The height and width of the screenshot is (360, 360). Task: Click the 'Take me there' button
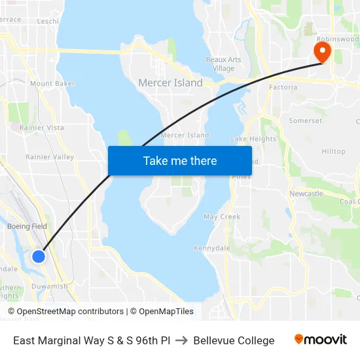pyautogui.click(x=180, y=160)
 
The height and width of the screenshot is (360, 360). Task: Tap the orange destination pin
pyautogui.click(x=322, y=52)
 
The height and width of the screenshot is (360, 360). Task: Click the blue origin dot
pyautogui.click(x=39, y=256)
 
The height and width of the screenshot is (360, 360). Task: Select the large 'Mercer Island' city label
pyautogui.click(x=170, y=83)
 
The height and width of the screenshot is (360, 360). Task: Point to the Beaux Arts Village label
pyautogui.click(x=223, y=64)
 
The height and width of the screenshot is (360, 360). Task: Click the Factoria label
pyautogui.click(x=283, y=87)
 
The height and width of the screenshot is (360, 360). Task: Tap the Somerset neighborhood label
pyautogui.click(x=306, y=121)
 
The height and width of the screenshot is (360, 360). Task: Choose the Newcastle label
pyautogui.click(x=306, y=194)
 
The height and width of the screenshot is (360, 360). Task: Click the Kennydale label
pyautogui.click(x=211, y=248)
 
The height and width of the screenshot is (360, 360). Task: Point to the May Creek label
pyautogui.click(x=222, y=217)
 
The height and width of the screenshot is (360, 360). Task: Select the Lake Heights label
pyautogui.click(x=254, y=139)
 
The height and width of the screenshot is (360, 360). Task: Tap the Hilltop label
pyautogui.click(x=333, y=151)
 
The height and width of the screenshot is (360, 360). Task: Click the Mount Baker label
pyautogui.click(x=52, y=84)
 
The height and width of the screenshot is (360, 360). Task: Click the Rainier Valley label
pyautogui.click(x=50, y=157)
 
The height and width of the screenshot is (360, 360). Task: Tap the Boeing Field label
pyautogui.click(x=27, y=226)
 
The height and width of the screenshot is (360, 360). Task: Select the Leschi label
pyautogui.click(x=48, y=21)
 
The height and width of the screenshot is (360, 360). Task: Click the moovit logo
pyautogui.click(x=321, y=340)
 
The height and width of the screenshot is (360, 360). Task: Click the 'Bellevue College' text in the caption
pyautogui.click(x=234, y=340)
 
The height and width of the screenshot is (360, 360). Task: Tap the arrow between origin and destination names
pyautogui.click(x=182, y=340)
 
